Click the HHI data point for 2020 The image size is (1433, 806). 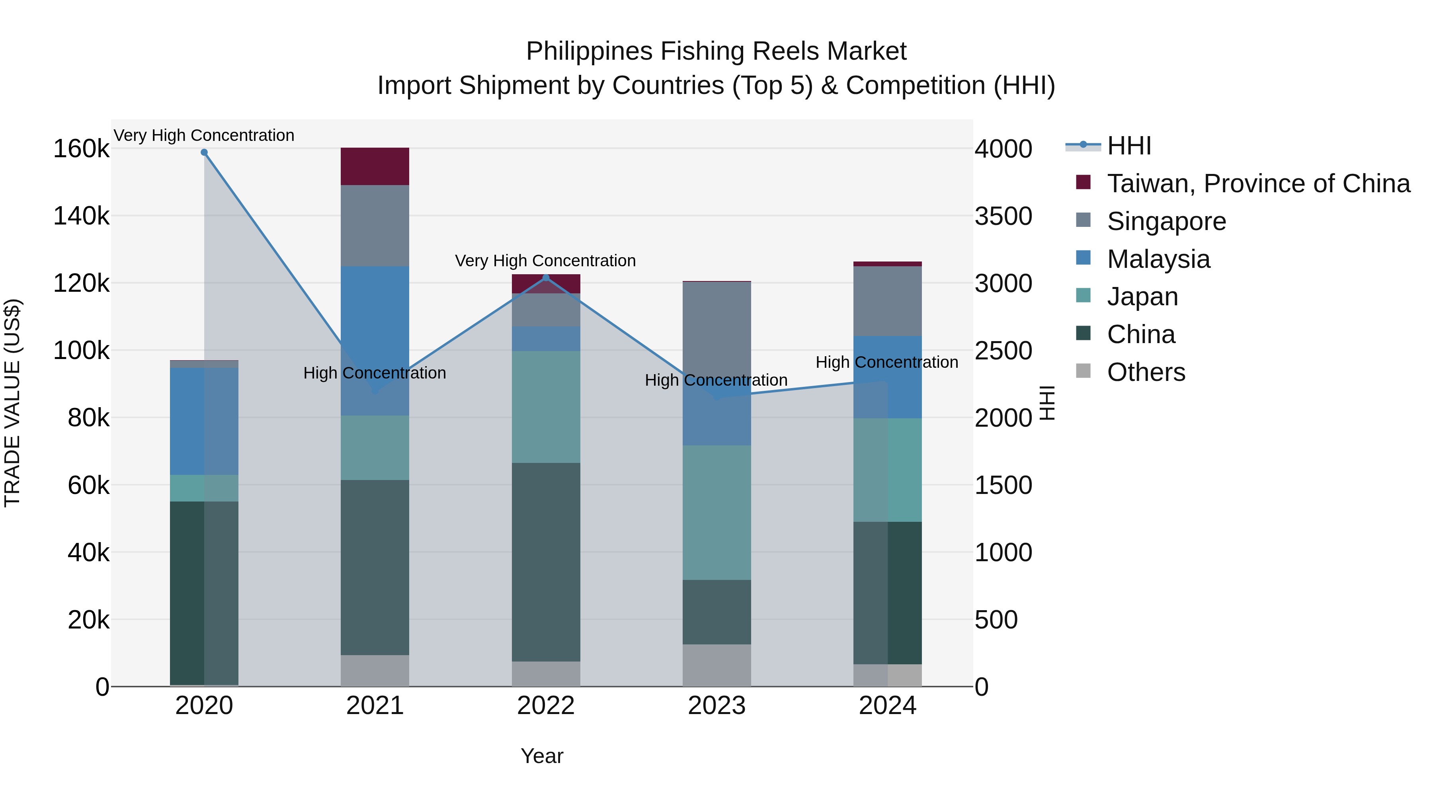[204, 152]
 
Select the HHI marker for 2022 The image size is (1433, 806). [546, 277]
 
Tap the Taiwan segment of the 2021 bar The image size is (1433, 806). [375, 166]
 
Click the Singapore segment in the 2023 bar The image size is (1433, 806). [716, 334]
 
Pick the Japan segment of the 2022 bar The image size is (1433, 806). [546, 407]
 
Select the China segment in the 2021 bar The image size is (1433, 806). [375, 567]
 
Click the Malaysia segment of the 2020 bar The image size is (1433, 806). [204, 421]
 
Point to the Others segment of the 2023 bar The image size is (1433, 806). [716, 665]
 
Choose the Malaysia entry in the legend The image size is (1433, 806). [1158, 259]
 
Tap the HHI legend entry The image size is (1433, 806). [1129, 146]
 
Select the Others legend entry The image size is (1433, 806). [1146, 372]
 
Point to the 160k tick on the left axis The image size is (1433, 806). [81, 149]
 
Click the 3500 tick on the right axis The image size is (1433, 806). [1003, 217]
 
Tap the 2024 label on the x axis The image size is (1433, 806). [887, 706]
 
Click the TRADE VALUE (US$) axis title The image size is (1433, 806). [12, 403]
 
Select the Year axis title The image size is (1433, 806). [542, 756]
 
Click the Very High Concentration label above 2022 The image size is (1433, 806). [545, 261]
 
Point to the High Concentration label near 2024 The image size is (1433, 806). [887, 363]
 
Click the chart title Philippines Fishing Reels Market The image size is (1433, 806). [716, 51]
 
